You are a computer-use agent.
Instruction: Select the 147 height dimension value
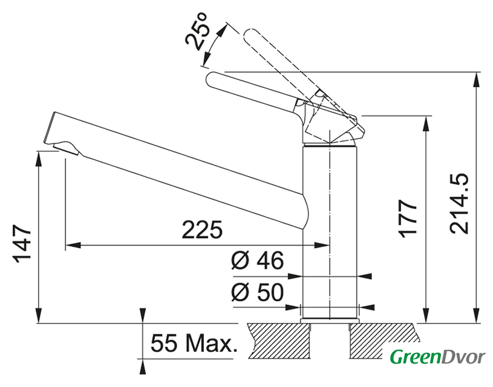tap(22, 244)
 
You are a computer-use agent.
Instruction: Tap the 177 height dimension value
tap(410, 218)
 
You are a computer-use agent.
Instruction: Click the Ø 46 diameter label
tap(257, 261)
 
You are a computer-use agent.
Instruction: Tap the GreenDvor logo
tap(437, 357)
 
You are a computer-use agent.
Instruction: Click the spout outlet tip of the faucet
tap(64, 147)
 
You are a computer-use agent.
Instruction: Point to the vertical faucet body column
tap(330, 230)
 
